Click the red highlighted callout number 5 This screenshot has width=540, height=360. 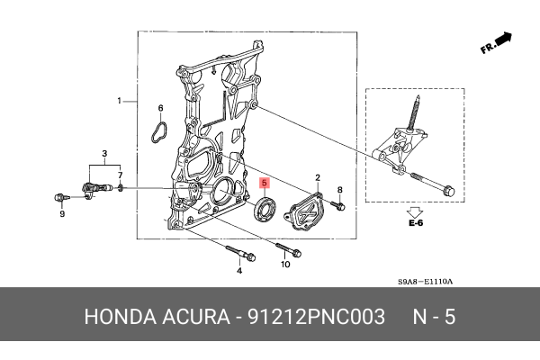point(264,182)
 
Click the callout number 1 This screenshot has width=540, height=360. point(118,100)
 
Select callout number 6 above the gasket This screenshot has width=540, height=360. point(161,109)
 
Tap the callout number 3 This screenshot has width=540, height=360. point(104,155)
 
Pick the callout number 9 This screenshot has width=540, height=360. point(62,214)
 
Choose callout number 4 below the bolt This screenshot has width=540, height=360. point(239,270)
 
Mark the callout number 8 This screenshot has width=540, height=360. point(340,189)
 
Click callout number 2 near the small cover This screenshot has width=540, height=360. point(317,178)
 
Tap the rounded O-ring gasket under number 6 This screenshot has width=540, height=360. point(160,131)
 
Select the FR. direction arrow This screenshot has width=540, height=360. point(497,43)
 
